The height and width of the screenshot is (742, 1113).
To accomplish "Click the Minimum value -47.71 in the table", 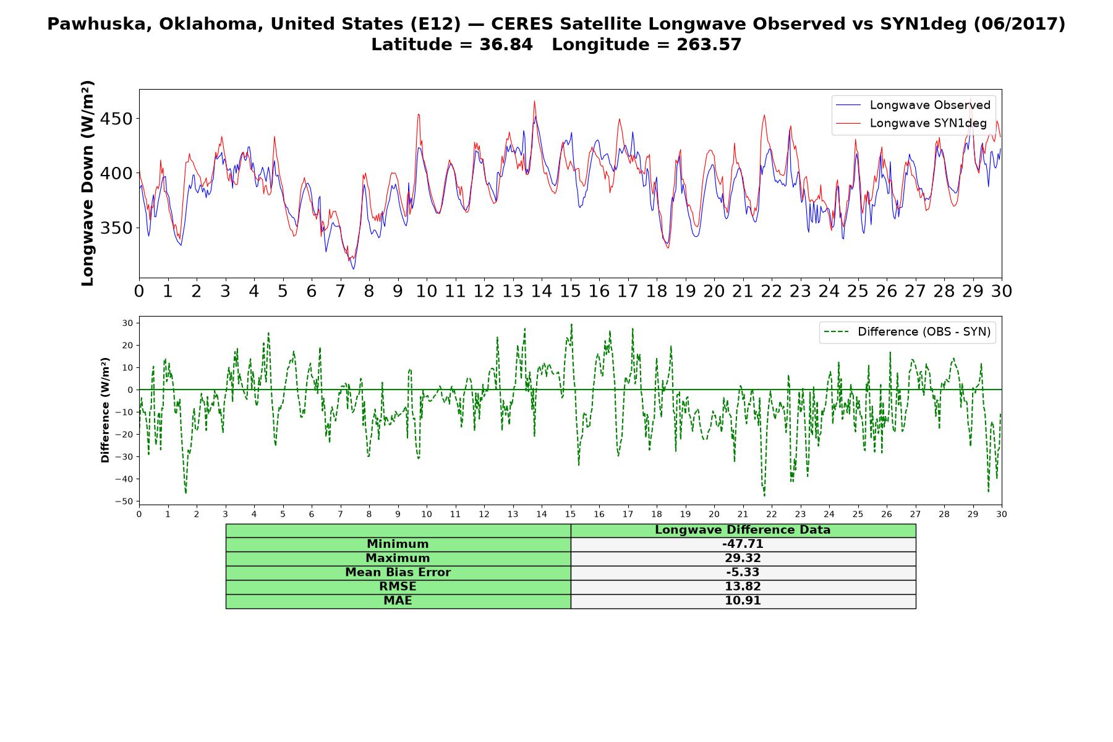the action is [x=743, y=544].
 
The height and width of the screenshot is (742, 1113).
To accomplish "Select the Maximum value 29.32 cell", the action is [x=743, y=558].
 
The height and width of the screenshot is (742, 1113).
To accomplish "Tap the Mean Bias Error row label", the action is [x=398, y=573].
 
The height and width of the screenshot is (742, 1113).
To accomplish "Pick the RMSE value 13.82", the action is [x=743, y=587].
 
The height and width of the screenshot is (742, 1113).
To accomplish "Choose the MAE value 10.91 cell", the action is [x=743, y=601].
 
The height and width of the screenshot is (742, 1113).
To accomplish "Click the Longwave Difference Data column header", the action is [x=743, y=530].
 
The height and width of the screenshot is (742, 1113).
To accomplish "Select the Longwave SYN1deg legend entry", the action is [x=911, y=123].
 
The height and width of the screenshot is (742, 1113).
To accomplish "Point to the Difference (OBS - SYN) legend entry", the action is [x=908, y=332].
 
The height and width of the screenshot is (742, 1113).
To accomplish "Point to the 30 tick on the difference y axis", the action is [x=127, y=323].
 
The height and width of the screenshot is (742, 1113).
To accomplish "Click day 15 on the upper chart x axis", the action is [x=570, y=291].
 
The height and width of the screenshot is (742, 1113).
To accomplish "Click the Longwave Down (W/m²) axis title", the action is [x=87, y=183].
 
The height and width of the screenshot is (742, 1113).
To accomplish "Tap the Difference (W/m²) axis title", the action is [x=105, y=410].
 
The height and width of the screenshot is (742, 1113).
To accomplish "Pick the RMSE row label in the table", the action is [x=398, y=587].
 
